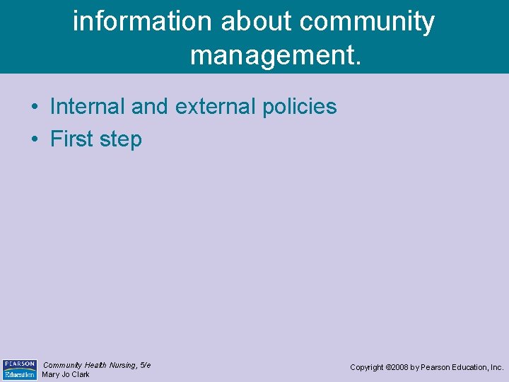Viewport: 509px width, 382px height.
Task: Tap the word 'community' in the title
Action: (367, 22)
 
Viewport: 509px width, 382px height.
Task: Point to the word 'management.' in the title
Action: (276, 54)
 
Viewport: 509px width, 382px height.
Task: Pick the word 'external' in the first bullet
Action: (216, 107)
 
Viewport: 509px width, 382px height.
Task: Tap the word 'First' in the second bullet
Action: (72, 139)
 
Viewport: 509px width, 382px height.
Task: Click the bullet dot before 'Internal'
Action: (34, 108)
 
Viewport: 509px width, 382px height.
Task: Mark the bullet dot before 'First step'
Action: (34, 140)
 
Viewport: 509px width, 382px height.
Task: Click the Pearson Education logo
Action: (19, 369)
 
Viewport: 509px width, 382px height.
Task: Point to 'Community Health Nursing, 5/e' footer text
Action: (97, 365)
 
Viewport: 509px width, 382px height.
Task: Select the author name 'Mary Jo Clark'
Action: (66, 375)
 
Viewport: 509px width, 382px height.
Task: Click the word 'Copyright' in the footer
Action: (368, 368)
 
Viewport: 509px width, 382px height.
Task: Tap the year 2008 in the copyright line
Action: (401, 368)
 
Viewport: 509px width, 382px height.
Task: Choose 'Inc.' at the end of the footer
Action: (496, 368)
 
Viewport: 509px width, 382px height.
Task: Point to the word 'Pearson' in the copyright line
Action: (435, 368)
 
